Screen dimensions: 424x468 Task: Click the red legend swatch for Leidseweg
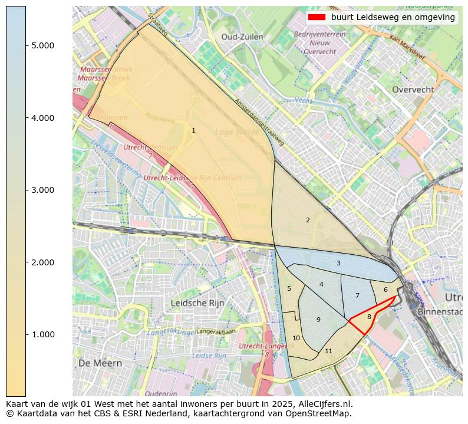pos(317,17)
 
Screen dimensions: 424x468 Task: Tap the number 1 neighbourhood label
pos(193,130)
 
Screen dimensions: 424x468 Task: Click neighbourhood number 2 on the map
pos(308,220)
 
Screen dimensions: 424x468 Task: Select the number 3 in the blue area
pos(338,263)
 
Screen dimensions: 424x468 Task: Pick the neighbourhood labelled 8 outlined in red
pos(369,317)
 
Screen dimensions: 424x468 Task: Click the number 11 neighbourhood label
pos(328,351)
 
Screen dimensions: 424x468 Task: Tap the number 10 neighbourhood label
pos(296,338)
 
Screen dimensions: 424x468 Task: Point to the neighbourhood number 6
pos(385,290)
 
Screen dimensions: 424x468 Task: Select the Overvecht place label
pos(413,90)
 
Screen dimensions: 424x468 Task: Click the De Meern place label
pos(100,363)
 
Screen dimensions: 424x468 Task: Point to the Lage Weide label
pos(237,132)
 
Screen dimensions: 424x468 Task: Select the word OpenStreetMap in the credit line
pos(324,413)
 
